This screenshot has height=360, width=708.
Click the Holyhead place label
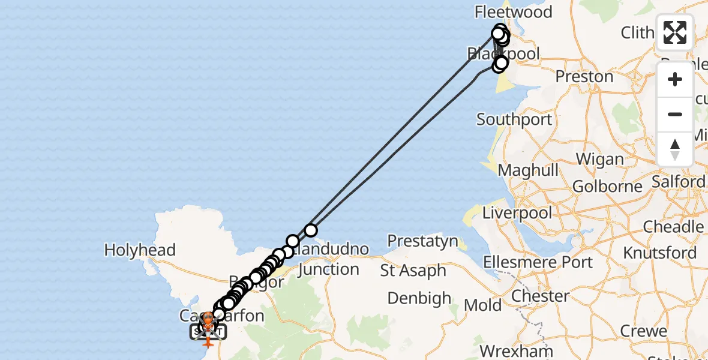[x=140, y=250]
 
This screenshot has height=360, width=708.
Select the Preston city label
[x=584, y=77]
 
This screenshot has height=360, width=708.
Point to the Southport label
[x=514, y=119]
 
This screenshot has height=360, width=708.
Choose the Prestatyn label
[x=422, y=241]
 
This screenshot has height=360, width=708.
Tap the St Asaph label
[x=413, y=271]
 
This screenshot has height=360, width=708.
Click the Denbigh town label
[x=419, y=298]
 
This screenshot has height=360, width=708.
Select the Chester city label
[x=540, y=296]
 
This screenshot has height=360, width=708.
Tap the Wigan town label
[x=599, y=160]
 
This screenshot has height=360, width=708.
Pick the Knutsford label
[x=660, y=253]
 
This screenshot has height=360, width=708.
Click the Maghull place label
[x=528, y=170]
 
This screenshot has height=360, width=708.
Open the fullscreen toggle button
[x=675, y=32]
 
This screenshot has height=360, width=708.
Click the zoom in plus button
[x=675, y=79]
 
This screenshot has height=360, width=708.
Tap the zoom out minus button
[x=675, y=114]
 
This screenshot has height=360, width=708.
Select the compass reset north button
[x=675, y=149]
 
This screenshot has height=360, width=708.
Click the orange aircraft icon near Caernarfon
[x=208, y=341]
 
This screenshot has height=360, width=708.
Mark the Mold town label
[x=483, y=305]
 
